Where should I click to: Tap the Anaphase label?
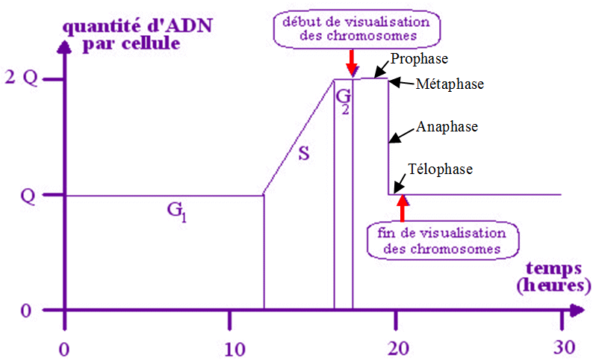446,127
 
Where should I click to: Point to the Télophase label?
441,170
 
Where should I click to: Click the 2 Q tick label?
20,78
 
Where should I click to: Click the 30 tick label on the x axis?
563,347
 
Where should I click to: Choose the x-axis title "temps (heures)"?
556,276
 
